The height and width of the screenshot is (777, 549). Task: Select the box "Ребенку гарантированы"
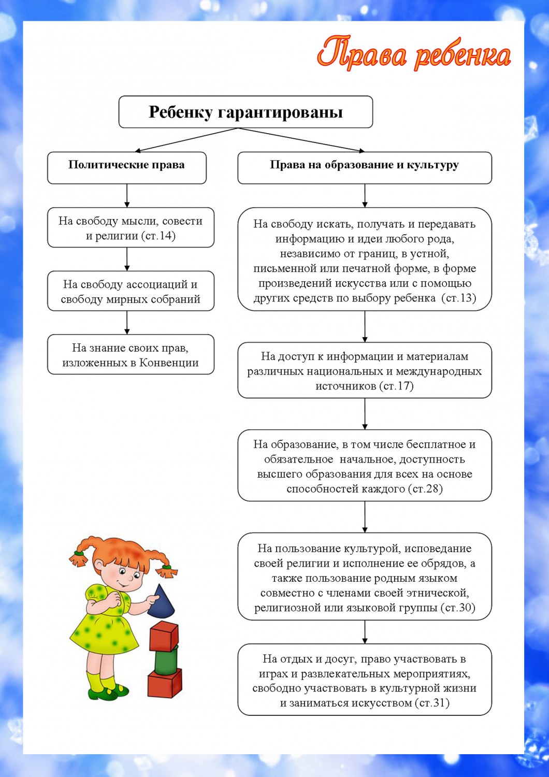point(245,112)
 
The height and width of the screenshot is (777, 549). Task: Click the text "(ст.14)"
point(158,236)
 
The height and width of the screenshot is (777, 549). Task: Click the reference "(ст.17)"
point(396,386)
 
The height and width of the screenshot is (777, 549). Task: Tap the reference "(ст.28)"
point(425,488)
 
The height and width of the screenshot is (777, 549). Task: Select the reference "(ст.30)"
point(458,608)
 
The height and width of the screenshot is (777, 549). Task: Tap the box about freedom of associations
point(131,291)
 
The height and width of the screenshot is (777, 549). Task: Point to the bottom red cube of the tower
point(165,683)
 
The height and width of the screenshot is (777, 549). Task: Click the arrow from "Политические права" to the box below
point(127,196)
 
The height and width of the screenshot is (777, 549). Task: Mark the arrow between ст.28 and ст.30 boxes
point(365,516)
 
